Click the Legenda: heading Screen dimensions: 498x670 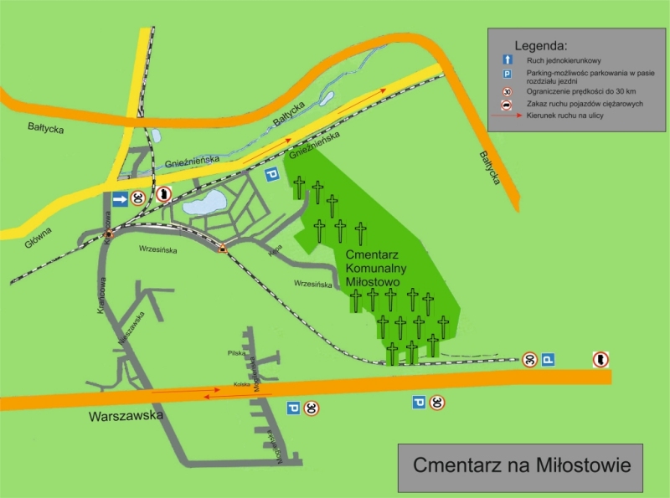(541, 44)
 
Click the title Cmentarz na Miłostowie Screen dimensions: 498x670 (522, 464)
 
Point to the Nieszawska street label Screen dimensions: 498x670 (134, 328)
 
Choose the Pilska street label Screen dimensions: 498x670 (236, 353)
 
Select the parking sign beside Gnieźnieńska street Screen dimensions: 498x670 (271, 174)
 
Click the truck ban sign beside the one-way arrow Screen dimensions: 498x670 (164, 196)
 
